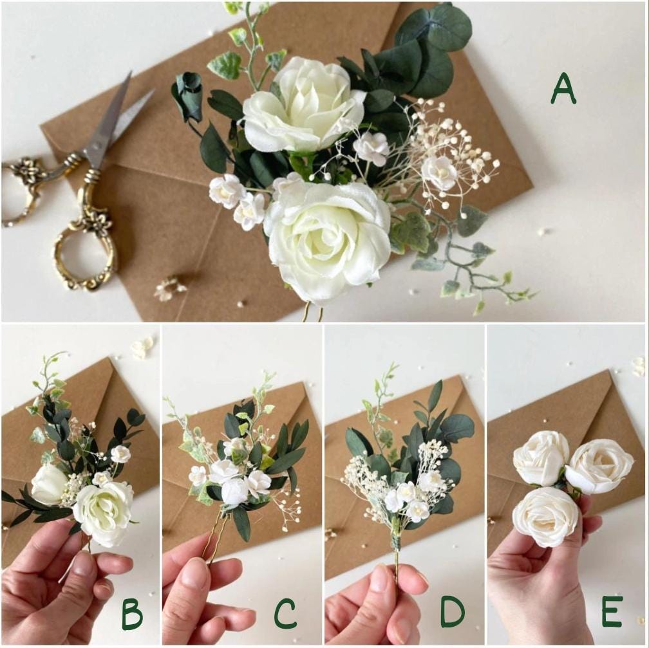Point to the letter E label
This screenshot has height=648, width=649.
[x=612, y=611]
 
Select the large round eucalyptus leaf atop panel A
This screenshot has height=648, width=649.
[x=444, y=29]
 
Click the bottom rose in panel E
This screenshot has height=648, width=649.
[x=546, y=515]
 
